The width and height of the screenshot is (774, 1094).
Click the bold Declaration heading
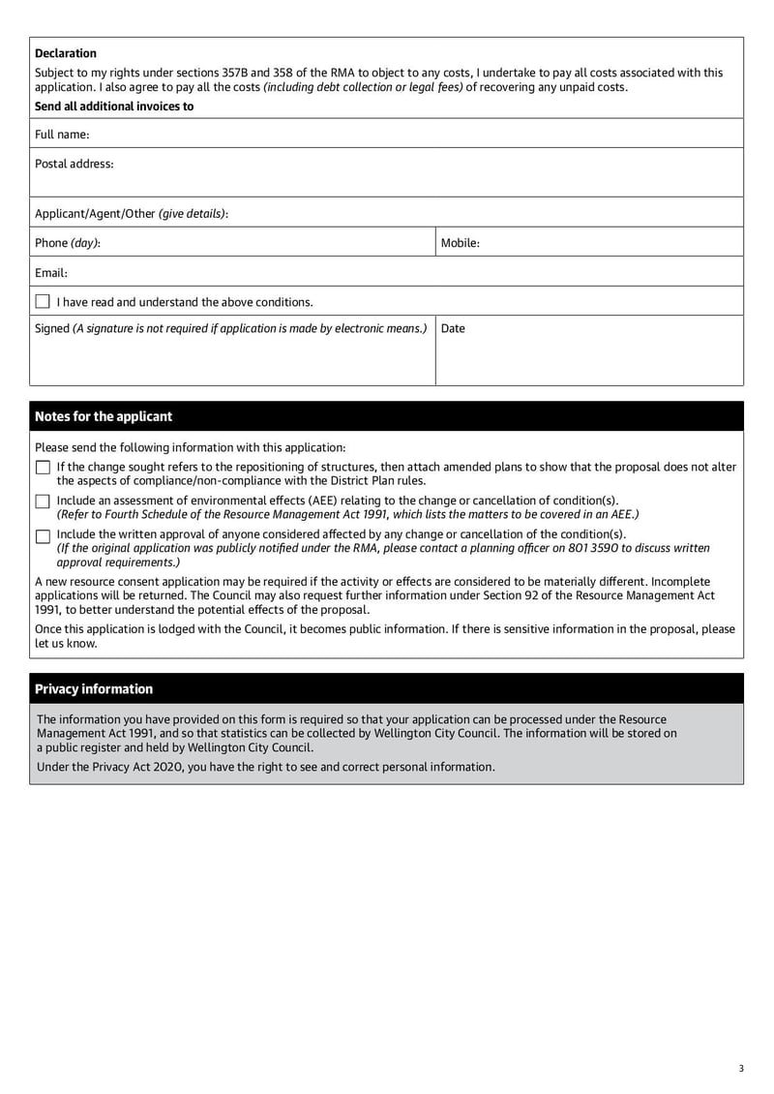66,53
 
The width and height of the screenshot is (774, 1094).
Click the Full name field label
62,135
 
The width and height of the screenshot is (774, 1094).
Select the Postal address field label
74,164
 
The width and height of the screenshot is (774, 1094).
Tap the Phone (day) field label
68,243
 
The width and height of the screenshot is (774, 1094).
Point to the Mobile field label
461,243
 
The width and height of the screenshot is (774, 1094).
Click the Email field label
51,273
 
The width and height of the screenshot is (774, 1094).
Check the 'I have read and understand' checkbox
43,302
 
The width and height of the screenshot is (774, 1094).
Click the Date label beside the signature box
453,328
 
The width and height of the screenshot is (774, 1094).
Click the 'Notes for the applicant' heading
104,416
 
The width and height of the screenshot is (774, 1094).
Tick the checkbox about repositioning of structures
43,468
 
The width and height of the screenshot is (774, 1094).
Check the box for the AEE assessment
43,501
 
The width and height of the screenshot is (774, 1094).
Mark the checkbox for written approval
43,535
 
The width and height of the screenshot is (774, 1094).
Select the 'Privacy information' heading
94,689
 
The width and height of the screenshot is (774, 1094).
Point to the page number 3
740,1069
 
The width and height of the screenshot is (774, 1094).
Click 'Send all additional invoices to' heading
114,106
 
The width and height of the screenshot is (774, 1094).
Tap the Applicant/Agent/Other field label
132,213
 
